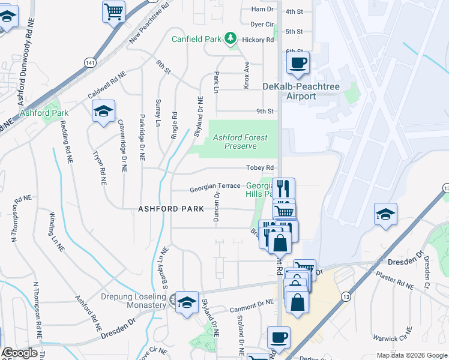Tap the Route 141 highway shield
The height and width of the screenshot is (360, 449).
(89, 63)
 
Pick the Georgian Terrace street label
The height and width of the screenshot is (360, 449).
(215, 187)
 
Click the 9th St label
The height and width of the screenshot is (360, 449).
(265, 111)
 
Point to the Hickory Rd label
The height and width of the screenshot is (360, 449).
(262, 40)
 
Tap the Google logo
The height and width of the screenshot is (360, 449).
(20, 353)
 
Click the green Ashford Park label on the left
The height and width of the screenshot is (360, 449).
(44, 112)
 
